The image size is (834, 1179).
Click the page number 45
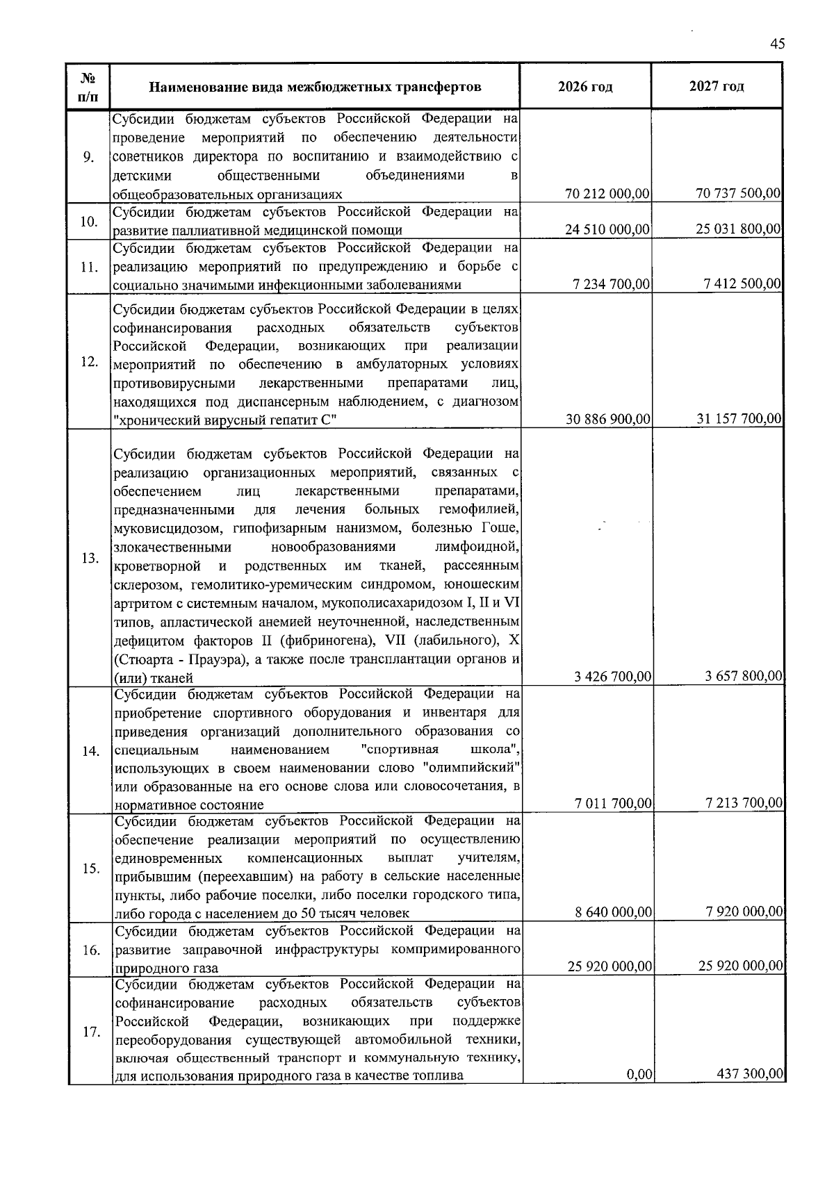pyautogui.click(x=777, y=44)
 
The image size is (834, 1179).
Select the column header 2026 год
pyautogui.click(x=585, y=87)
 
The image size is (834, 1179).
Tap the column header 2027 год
pyautogui.click(x=717, y=87)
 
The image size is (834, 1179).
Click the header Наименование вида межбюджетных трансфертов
pyautogui.click(x=315, y=88)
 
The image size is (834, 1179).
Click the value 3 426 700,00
pyautogui.click(x=613, y=677)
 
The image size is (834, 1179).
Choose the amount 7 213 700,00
pyautogui.click(x=744, y=804)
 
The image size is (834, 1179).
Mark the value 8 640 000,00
pyautogui.click(x=613, y=912)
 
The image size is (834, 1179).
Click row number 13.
pyautogui.click(x=90, y=559)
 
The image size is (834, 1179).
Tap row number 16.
pyautogui.click(x=90, y=950)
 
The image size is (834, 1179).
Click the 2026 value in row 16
pyautogui.click(x=610, y=966)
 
